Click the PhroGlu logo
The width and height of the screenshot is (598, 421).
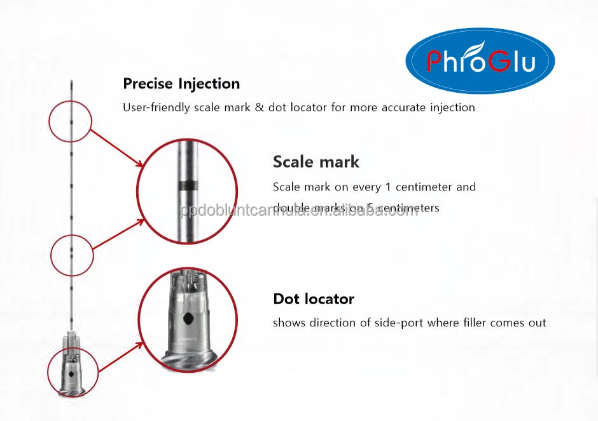tap(480, 61)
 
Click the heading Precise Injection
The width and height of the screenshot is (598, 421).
tap(181, 83)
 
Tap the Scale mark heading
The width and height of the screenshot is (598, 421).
tap(316, 162)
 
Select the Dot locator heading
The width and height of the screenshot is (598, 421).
tap(313, 299)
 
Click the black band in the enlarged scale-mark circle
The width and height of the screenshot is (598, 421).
tap(188, 185)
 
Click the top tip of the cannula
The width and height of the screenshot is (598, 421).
tap(72, 81)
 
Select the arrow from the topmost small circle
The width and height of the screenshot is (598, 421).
tap(117, 148)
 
